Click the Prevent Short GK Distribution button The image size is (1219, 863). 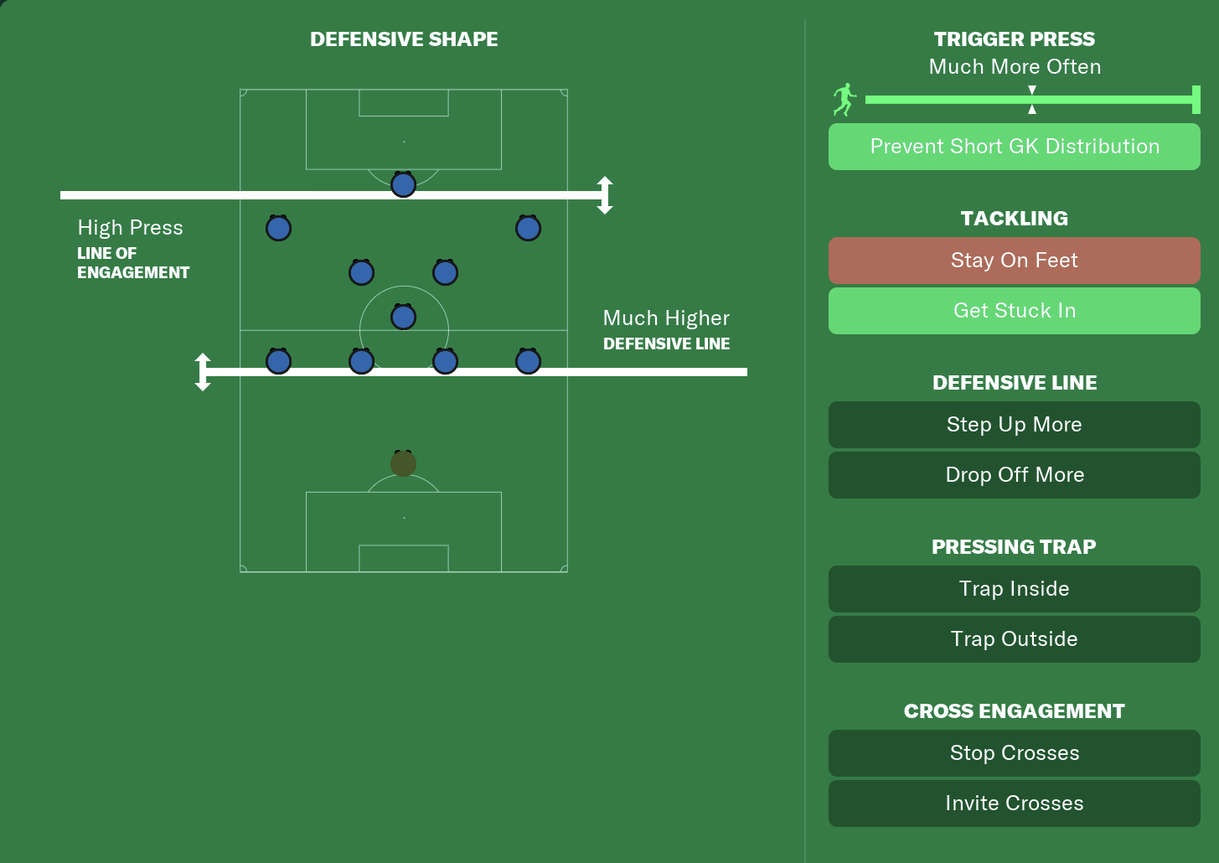click(1014, 147)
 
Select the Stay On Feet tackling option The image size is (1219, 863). click(1014, 261)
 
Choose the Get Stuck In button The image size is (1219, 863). click(1014, 311)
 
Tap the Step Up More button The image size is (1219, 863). click(1014, 425)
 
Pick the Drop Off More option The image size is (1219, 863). click(1014, 475)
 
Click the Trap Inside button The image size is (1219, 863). click(1014, 589)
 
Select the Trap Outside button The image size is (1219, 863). click(1014, 639)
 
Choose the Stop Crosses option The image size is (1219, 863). click(1014, 753)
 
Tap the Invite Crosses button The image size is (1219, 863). click(1014, 804)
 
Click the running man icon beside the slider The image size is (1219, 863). click(845, 100)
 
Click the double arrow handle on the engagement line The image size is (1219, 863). click(605, 195)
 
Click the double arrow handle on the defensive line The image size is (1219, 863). click(203, 372)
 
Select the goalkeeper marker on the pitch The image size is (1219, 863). click(403, 463)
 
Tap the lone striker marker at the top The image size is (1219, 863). click(403, 184)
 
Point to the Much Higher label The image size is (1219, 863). click(666, 318)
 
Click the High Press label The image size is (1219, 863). click(130, 228)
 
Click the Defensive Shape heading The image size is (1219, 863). click(404, 39)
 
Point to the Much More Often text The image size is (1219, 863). click(1015, 67)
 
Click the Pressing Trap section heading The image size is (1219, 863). click(1014, 547)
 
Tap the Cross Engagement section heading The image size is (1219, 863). click(1014, 711)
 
